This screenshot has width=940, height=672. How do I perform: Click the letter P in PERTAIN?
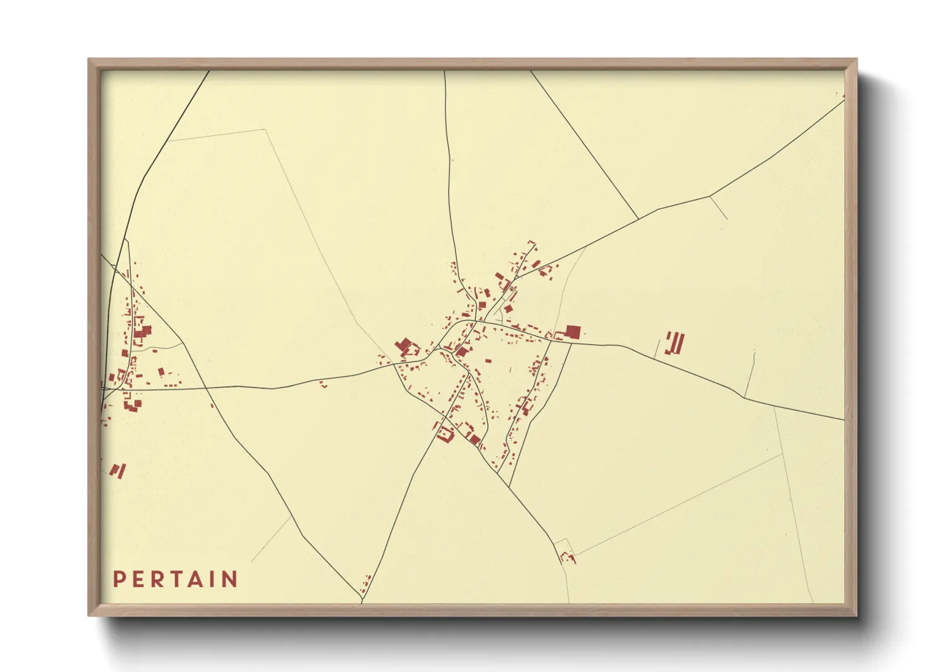[x=118, y=579]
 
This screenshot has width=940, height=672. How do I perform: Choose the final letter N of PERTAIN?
[x=230, y=579]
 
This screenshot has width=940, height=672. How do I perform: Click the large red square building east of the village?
[x=573, y=332]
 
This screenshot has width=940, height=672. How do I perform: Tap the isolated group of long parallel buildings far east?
[x=675, y=343]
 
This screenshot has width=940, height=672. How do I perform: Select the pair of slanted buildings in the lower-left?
[x=118, y=471]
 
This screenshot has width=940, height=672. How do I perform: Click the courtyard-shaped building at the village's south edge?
[x=445, y=434]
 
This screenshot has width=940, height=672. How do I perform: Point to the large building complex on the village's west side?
[x=405, y=347]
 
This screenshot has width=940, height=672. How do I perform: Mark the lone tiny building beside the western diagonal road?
[x=212, y=405]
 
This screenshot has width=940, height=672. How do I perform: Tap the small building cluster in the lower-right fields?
[x=567, y=558]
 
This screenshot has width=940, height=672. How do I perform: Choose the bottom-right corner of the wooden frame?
[x=856, y=615]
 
